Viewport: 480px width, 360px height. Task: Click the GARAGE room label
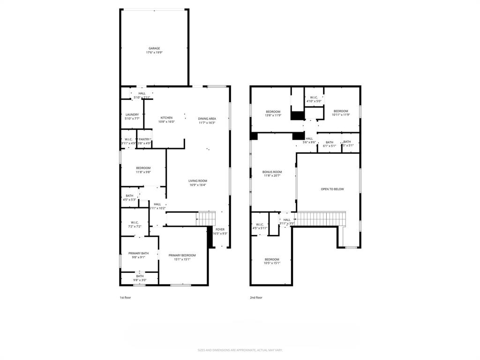(154, 48)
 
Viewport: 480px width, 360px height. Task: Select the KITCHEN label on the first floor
(166, 118)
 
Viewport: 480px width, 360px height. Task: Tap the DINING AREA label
(207, 119)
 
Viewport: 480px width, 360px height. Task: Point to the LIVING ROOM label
(198, 180)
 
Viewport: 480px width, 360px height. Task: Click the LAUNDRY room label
(132, 114)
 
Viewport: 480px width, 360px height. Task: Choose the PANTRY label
(144, 139)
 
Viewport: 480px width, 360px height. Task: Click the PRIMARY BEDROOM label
(182, 255)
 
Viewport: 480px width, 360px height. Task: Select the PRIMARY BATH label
(138, 253)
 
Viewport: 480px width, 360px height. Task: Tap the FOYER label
(220, 229)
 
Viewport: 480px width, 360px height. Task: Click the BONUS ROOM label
(272, 172)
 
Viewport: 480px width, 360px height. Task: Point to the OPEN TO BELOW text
(332, 189)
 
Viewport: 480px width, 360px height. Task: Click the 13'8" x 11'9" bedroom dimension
(273, 115)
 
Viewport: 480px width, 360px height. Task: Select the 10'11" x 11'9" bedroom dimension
(341, 115)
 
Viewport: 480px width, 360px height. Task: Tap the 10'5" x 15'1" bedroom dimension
(272, 263)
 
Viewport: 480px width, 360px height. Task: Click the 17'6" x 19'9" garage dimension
(154, 52)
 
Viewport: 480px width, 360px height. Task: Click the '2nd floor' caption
(256, 297)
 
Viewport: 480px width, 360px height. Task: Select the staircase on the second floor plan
(322, 218)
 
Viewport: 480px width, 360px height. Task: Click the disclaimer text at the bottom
(240, 350)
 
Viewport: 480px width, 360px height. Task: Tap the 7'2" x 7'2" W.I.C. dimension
(135, 226)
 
